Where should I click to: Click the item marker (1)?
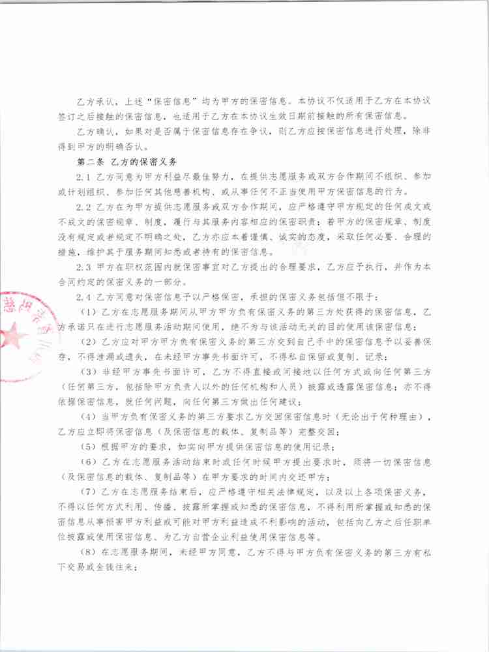coord(87,312)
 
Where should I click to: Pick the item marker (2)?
coord(87,342)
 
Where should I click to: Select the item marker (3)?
coord(87,372)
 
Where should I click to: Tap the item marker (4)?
coord(87,417)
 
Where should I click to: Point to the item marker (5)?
coord(87,447)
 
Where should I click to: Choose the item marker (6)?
coord(87,462)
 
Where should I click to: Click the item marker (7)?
coord(87,492)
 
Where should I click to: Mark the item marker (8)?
coord(87,552)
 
